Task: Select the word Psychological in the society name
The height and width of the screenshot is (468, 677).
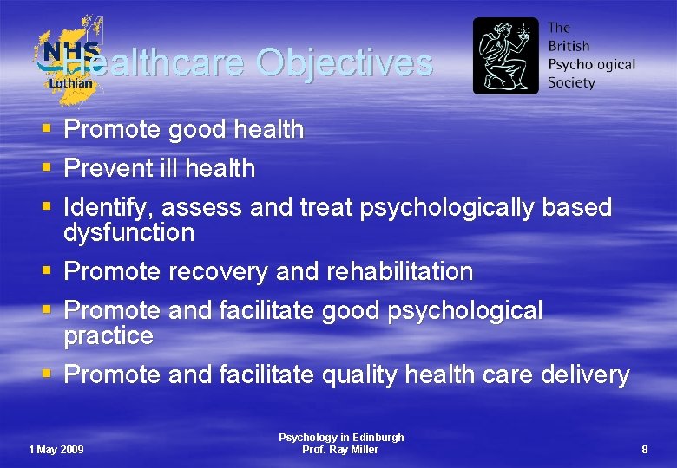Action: point(591,64)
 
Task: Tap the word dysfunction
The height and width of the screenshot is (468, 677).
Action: point(129,232)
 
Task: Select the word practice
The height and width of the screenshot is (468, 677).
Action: point(108,335)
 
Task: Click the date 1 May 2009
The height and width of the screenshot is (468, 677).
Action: point(56,449)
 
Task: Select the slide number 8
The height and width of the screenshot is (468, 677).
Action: point(644,449)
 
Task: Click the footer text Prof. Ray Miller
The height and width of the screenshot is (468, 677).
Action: point(340,450)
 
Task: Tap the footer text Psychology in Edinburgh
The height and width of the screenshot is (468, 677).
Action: point(341,438)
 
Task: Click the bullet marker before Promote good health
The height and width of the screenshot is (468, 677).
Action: point(46,130)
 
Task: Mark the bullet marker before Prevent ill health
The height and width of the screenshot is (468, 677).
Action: point(46,168)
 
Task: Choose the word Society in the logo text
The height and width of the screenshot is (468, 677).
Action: point(571,83)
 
